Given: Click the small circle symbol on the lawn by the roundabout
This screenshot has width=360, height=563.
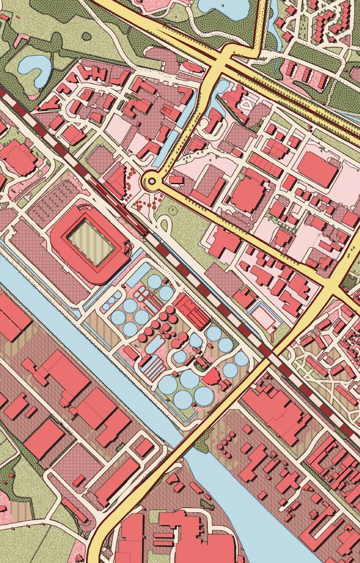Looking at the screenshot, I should point(172,209).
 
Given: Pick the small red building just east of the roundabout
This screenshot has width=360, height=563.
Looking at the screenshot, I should point(176,180).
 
